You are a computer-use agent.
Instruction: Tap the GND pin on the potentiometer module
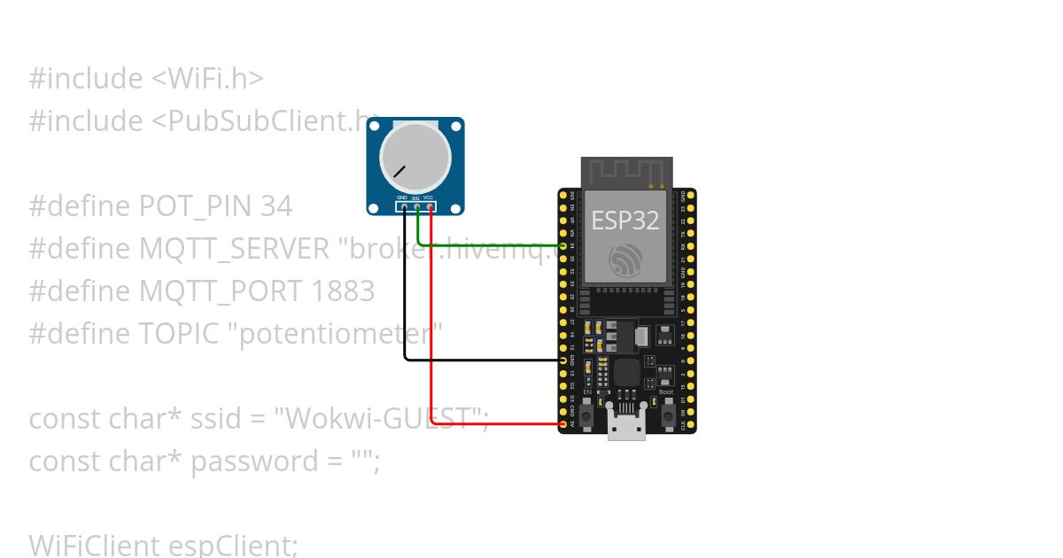tap(405, 208)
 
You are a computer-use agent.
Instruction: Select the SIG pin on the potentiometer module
tap(417, 208)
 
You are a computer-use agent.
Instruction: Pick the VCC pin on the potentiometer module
tap(431, 208)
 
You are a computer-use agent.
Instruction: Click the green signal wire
tap(487, 245)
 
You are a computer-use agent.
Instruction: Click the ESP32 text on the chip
tap(625, 220)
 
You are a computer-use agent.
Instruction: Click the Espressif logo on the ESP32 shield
tap(625, 260)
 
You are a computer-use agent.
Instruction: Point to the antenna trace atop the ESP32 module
tap(625, 170)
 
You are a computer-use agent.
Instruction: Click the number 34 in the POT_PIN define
tap(275, 206)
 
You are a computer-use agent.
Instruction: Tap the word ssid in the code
tap(213, 418)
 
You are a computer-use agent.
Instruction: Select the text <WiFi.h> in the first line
tap(207, 79)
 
